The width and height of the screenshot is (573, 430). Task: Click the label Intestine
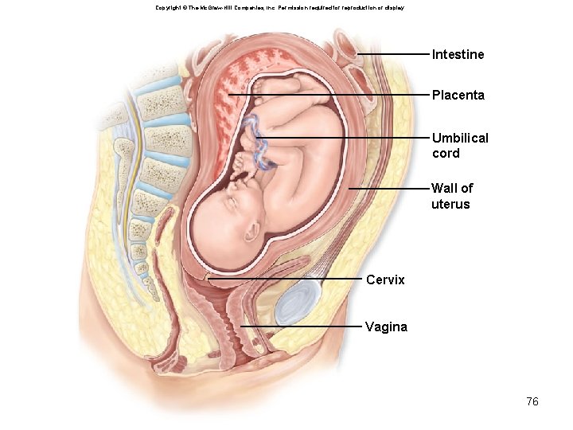pos(458,55)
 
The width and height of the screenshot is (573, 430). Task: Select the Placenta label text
pos(458,95)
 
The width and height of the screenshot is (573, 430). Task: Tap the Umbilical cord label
pos(460,145)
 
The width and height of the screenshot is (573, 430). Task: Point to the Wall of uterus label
pos(451,196)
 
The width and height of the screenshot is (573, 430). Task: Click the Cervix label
pos(385,280)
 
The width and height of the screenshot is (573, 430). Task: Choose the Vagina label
pos(386,326)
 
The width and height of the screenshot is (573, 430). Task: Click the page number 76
pos(532,401)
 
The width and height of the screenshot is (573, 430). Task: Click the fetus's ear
pos(253,232)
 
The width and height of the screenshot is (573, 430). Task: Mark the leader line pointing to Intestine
pos(394,54)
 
